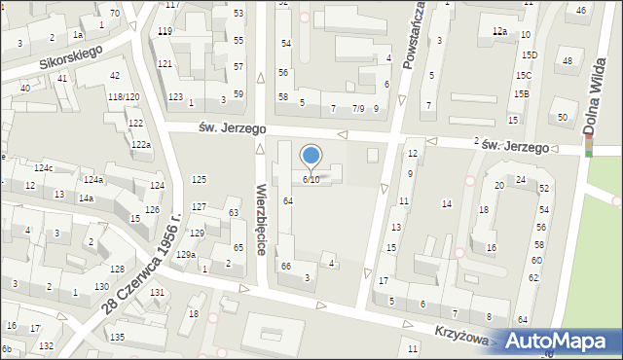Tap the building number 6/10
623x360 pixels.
click(x=311, y=179)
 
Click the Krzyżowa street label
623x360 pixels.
click(x=459, y=332)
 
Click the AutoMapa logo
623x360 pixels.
click(x=560, y=341)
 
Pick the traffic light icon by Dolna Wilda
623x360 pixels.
click(x=588, y=147)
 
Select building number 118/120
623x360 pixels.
click(x=124, y=97)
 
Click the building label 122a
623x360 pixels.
click(x=141, y=145)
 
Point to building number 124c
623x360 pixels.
click(x=43, y=168)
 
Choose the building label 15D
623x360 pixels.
click(x=528, y=55)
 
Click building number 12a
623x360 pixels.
click(x=499, y=32)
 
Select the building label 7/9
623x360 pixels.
click(x=358, y=108)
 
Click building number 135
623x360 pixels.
click(x=117, y=337)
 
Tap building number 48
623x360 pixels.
click(x=567, y=61)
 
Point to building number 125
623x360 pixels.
click(x=199, y=180)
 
